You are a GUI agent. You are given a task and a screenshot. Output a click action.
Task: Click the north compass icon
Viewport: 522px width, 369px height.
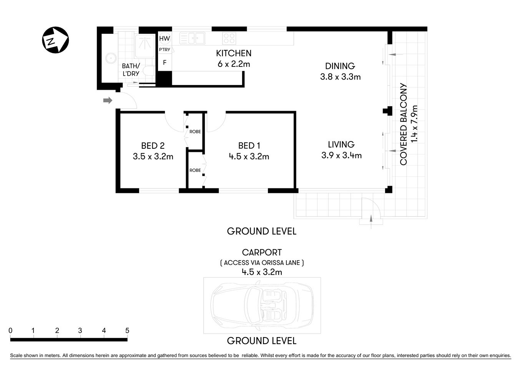coord(55,40)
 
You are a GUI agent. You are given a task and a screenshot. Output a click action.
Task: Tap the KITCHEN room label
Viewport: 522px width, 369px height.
coord(233,53)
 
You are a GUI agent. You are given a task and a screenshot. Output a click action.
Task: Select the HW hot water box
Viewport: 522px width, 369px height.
coord(165,38)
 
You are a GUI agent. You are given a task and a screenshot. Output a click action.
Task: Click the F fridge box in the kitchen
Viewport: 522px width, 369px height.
coord(165,62)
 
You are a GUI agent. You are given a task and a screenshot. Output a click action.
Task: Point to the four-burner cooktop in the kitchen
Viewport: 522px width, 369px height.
coord(229,38)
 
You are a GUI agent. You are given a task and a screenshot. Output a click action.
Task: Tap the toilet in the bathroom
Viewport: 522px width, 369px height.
coord(148,71)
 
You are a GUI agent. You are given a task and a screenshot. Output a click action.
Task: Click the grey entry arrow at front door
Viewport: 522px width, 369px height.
coord(108,101)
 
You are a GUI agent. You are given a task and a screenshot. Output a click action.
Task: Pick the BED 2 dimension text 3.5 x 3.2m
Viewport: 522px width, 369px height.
coord(153,156)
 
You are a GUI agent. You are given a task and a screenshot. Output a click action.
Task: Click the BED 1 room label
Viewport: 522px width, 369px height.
coord(249,146)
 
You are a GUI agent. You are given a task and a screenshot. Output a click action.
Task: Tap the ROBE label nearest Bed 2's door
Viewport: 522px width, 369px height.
coord(195,131)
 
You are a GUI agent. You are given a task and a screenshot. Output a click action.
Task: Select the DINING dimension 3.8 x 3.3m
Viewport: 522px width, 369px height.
coord(340,77)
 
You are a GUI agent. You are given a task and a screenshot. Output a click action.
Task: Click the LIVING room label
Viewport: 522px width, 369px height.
coord(341,145)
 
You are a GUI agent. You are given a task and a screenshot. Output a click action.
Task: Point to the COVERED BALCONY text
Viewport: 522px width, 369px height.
coord(403,124)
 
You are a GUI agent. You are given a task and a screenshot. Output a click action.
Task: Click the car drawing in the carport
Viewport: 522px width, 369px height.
coord(262,305)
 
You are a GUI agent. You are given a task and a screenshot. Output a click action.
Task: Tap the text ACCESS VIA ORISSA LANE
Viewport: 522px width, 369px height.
coord(262,263)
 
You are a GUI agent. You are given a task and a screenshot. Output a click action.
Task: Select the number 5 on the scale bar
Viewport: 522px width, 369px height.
coord(127,331)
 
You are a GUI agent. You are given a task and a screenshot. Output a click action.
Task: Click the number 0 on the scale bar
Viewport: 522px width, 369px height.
coord(10,331)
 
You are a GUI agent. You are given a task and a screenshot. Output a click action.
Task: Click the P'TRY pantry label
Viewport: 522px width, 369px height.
coord(165,50)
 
